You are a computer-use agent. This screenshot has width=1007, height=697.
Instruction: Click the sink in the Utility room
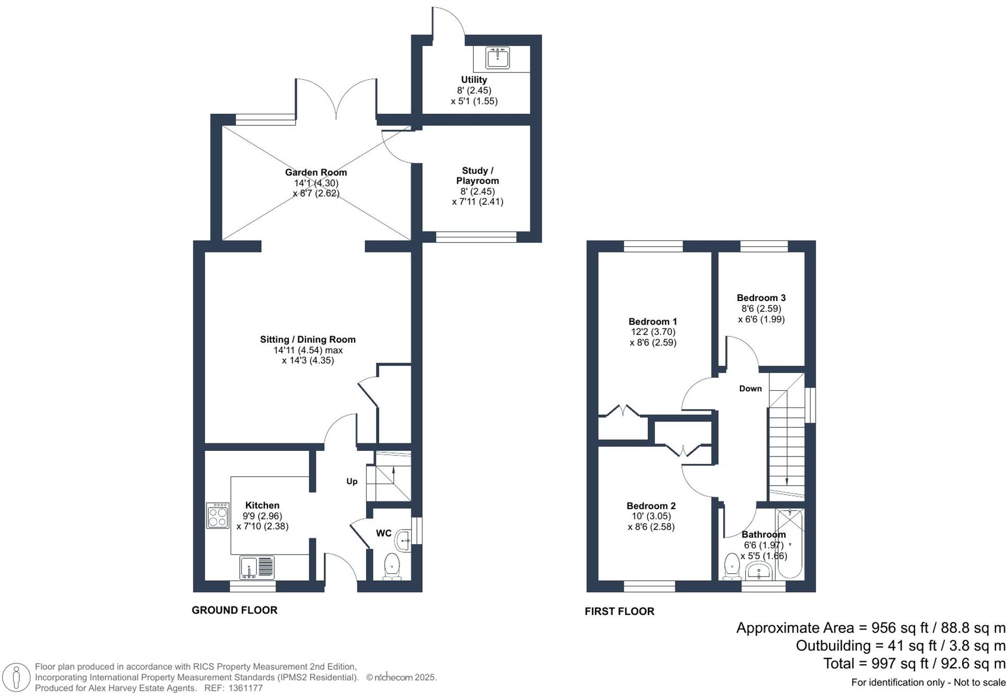(x=498, y=57)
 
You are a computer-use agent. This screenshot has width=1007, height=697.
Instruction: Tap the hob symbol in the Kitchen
(x=217, y=515)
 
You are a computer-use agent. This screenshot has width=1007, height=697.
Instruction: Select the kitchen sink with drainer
(x=257, y=568)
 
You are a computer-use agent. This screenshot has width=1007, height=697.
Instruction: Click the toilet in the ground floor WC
(x=392, y=567)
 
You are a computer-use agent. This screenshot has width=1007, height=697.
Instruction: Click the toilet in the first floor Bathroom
(x=732, y=568)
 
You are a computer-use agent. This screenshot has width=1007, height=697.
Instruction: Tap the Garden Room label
(x=316, y=172)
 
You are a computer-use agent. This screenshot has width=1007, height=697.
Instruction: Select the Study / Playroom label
(x=477, y=176)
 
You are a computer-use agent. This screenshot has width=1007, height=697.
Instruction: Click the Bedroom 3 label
(x=761, y=298)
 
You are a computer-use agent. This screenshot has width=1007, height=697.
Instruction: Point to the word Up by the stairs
(x=352, y=482)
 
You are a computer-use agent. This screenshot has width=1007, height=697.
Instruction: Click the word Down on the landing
(x=750, y=389)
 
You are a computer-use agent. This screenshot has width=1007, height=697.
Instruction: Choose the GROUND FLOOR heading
(x=234, y=610)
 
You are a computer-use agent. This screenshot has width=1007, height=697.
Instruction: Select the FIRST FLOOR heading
(x=619, y=611)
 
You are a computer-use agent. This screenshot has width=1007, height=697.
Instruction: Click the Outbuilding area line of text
(x=900, y=646)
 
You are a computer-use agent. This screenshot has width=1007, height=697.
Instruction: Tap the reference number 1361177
(x=246, y=688)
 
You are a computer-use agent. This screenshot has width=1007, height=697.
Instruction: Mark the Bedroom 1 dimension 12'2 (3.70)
(x=653, y=332)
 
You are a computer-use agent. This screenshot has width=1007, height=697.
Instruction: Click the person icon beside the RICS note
(x=17, y=677)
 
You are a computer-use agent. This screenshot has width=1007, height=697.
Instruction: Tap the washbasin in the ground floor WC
(x=404, y=540)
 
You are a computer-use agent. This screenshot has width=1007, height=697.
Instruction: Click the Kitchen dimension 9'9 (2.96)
(x=262, y=516)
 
